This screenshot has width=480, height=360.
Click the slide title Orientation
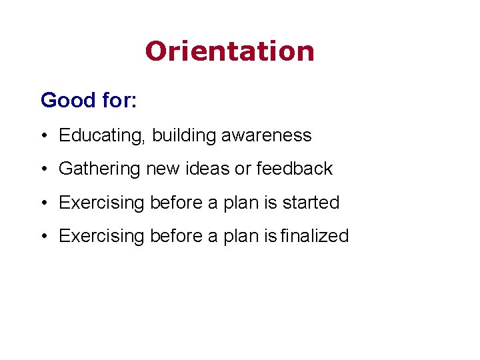point(229,51)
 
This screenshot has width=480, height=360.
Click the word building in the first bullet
point(183,135)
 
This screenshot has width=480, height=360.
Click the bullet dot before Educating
point(43,136)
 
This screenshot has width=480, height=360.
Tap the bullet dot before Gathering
point(43,170)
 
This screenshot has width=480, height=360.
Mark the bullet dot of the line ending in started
point(43,203)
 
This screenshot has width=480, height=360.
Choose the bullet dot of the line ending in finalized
point(43,237)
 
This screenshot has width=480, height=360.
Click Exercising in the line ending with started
point(101,203)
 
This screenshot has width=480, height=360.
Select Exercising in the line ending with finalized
point(101,236)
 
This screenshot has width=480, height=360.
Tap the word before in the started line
point(177,203)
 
